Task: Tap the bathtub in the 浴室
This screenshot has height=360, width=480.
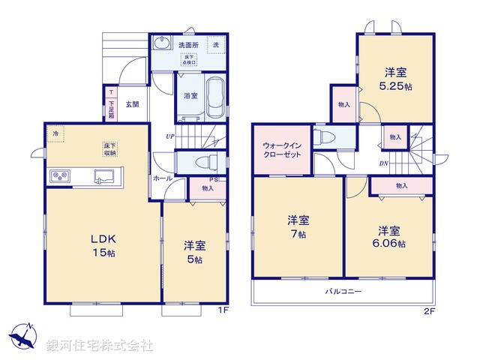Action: pos(214,98)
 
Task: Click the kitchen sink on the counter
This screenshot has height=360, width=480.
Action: pos(103,177)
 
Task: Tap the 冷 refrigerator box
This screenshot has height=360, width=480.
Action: pos(56,133)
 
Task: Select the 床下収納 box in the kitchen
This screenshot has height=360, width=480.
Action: pos(109,148)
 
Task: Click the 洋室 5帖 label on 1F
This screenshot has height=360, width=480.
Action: pos(194,250)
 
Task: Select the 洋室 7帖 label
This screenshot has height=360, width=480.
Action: pos(298,226)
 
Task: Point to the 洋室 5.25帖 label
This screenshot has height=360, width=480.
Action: pos(396,79)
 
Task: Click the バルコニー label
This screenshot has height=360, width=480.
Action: pos(342,291)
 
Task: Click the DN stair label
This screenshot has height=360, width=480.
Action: pos(383,163)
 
